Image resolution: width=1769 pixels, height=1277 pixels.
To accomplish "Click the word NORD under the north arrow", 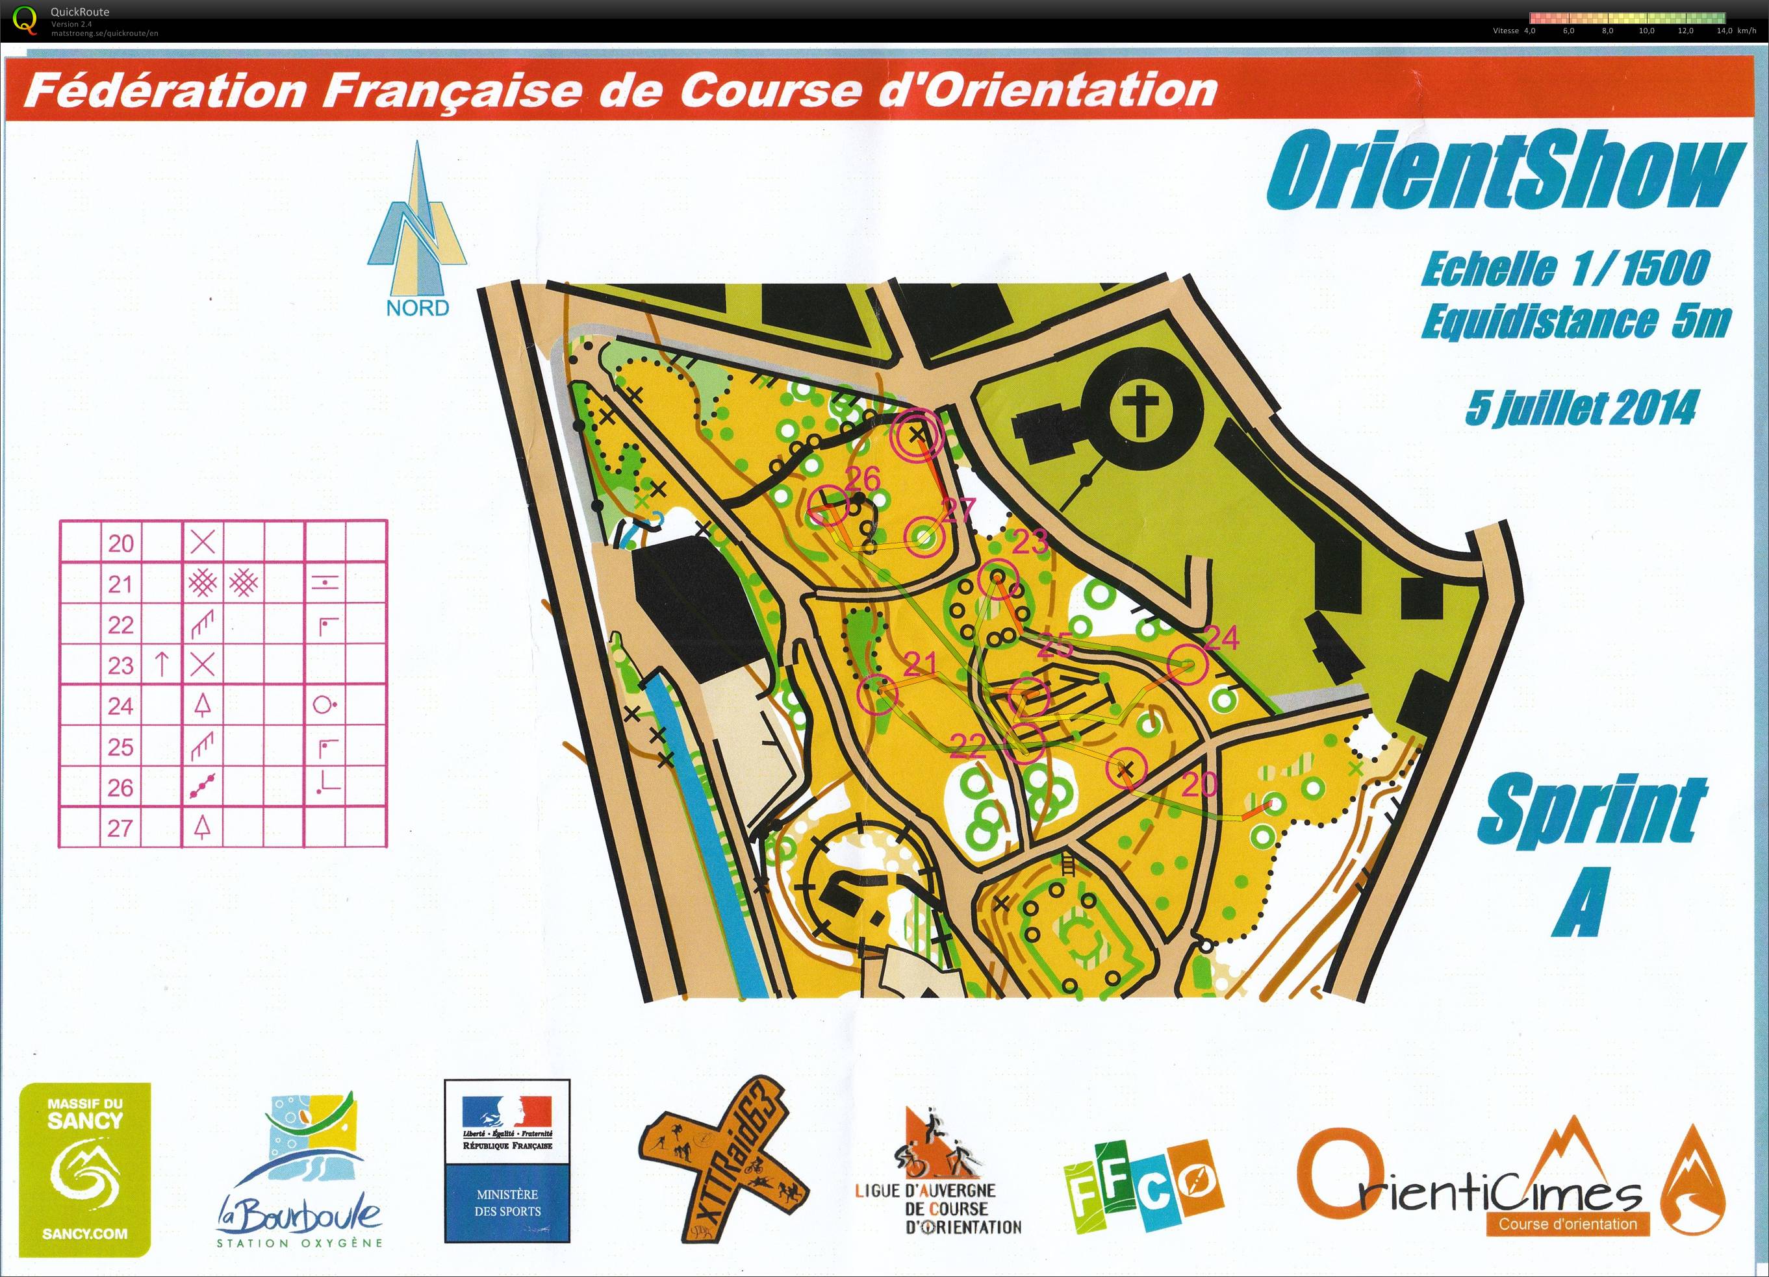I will (x=417, y=307).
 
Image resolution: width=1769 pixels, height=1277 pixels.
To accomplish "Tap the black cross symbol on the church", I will (x=1142, y=412).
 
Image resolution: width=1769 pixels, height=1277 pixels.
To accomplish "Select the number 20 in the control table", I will (x=121, y=543).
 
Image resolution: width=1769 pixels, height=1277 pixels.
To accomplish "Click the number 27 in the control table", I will (x=121, y=827).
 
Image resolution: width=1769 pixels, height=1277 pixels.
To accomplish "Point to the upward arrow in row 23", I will (x=162, y=664).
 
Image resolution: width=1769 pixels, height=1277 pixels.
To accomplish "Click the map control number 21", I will (x=920, y=663).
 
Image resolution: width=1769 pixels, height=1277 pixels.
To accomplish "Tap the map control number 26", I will (x=862, y=478).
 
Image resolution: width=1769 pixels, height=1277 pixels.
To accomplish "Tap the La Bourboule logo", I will (x=299, y=1169).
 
